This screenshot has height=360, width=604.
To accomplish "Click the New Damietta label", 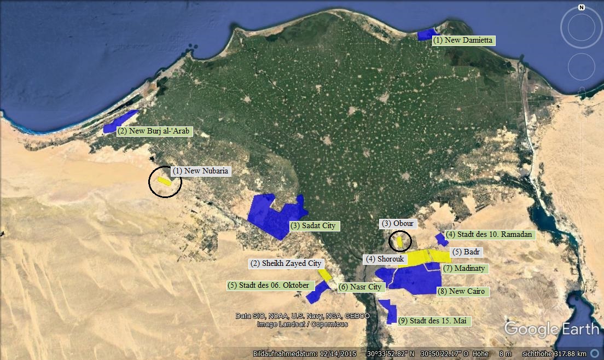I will [x=463, y=40].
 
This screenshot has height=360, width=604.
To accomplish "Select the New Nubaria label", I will [x=201, y=171].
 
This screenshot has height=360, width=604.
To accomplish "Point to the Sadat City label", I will [x=315, y=226].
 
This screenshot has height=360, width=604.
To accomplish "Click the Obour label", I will [x=398, y=224].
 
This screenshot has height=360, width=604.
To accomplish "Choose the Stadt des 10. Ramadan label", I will [x=489, y=235].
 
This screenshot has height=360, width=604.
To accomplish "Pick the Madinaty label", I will [x=464, y=269].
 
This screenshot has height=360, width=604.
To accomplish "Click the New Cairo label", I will [x=462, y=292].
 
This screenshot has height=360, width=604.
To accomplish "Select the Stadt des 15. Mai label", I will [x=434, y=321].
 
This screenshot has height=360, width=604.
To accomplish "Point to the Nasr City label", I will [x=361, y=287].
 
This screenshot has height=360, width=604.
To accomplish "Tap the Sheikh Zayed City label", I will [x=286, y=264].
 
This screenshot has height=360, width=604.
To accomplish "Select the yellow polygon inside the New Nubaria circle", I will [x=164, y=181].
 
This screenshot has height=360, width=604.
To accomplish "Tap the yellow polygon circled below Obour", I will [x=400, y=241].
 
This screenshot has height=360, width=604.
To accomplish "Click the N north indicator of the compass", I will [x=581, y=8].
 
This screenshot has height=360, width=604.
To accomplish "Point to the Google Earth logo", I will [x=551, y=329].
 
